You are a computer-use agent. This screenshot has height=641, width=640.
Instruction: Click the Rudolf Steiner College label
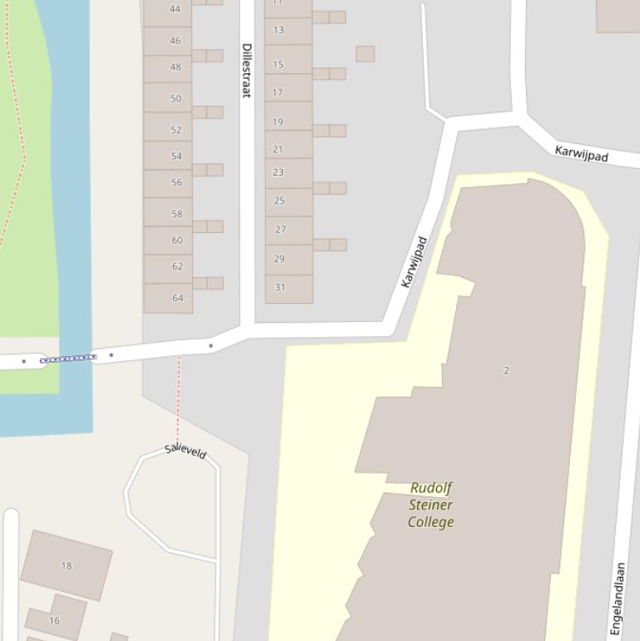point(431,504)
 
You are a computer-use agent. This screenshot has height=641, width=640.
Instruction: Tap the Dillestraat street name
point(246,70)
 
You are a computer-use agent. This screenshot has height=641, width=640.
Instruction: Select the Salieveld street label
point(185,450)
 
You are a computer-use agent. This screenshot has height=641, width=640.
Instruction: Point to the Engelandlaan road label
point(619,599)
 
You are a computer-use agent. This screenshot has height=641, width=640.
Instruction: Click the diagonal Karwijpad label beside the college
point(414,262)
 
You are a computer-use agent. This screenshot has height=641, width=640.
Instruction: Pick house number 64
point(177,297)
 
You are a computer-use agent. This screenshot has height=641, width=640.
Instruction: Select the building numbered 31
point(280,287)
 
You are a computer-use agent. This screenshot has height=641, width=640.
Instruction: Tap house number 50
point(176,98)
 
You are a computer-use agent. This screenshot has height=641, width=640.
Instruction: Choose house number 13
point(278,30)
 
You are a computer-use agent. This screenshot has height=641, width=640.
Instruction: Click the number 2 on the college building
point(506,370)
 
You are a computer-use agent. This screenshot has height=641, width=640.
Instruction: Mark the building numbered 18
point(67,565)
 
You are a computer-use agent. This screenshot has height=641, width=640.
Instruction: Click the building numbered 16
point(55,620)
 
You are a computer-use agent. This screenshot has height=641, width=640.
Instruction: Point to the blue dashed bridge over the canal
point(68,359)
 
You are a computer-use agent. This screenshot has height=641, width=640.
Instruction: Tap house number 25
point(280,201)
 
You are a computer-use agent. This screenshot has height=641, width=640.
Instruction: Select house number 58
point(176,214)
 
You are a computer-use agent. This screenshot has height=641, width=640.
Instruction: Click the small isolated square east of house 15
point(365,53)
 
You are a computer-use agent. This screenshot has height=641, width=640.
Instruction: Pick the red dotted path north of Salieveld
point(178,400)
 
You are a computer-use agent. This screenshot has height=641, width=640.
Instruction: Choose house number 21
point(278,149)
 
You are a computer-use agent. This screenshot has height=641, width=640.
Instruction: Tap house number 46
point(175,40)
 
